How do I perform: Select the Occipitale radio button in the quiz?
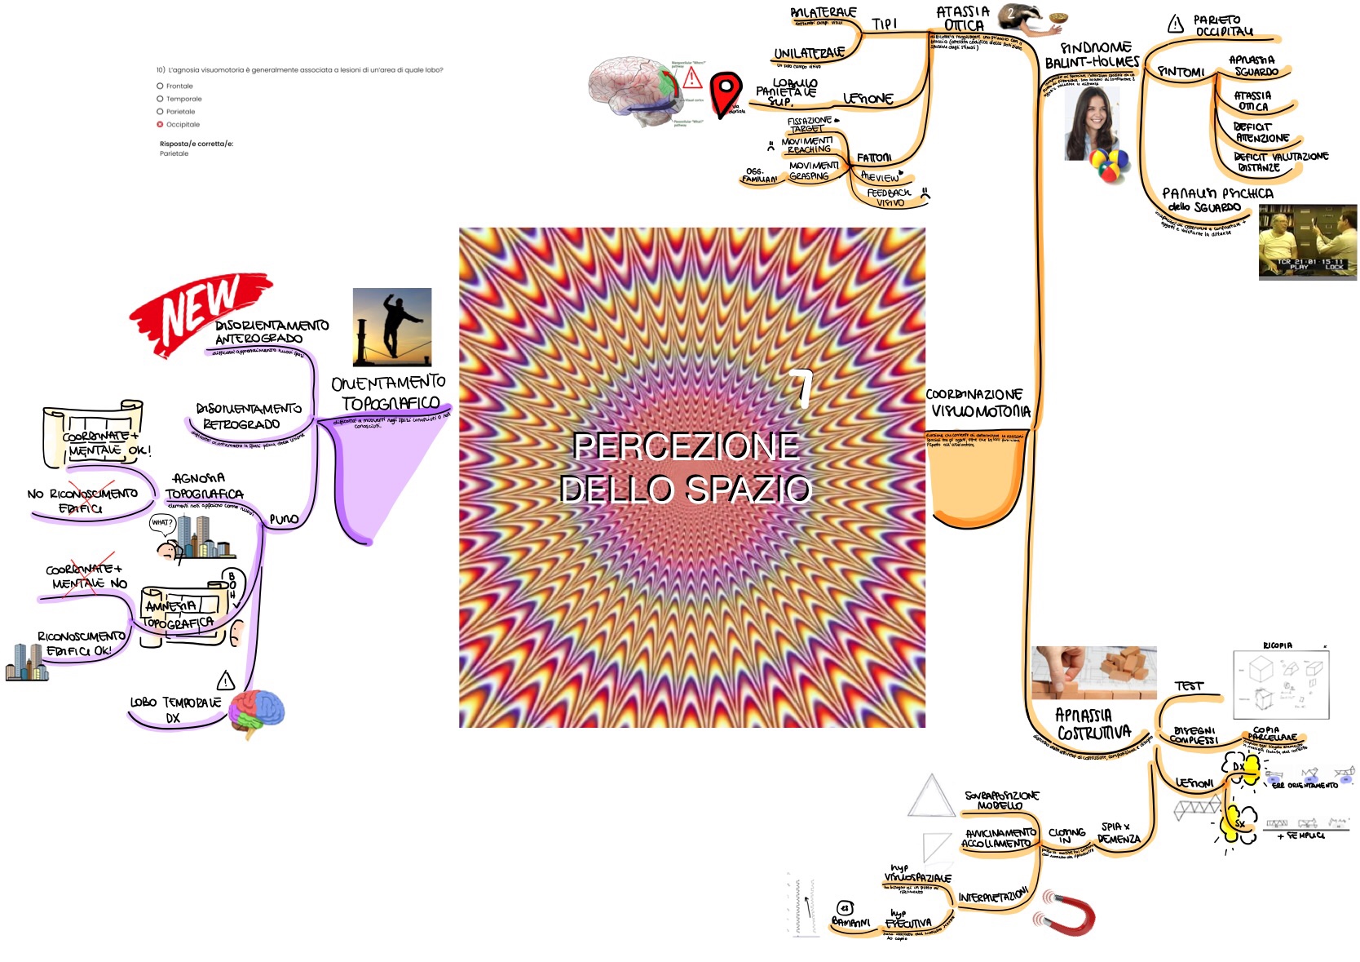(x=160, y=125)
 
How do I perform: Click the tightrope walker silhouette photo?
(x=392, y=327)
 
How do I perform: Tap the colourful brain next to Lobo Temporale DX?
(x=257, y=712)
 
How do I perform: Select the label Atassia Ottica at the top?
(x=963, y=19)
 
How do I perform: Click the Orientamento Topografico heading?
(x=389, y=393)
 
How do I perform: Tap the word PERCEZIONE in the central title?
(x=686, y=446)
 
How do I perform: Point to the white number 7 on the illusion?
(x=802, y=389)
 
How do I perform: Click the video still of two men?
(x=1307, y=242)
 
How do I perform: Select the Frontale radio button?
(x=160, y=86)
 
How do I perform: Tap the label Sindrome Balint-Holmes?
(x=1093, y=55)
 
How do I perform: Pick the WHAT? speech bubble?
(x=162, y=522)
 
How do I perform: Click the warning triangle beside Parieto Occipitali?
(x=1175, y=24)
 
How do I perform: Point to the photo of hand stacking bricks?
(x=1093, y=672)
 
